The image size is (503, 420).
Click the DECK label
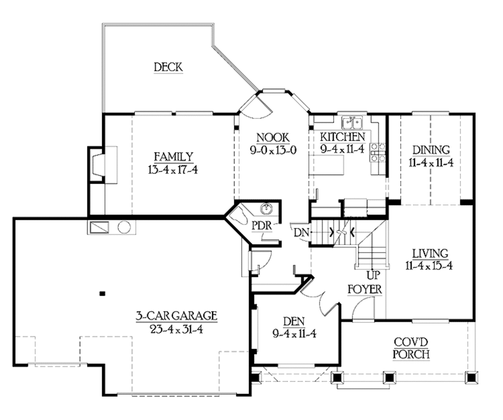click(x=168, y=67)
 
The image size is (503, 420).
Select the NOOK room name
click(x=273, y=138)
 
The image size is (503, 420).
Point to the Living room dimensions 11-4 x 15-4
click(x=430, y=266)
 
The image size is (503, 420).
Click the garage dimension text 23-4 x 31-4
click(x=176, y=328)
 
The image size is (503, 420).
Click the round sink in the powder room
click(x=267, y=209)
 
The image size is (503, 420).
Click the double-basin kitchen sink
click(x=352, y=121)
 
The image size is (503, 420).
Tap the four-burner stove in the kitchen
click(x=378, y=152)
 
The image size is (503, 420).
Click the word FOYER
click(x=364, y=289)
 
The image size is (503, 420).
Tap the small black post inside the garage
click(x=102, y=294)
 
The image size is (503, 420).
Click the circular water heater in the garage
click(x=124, y=228)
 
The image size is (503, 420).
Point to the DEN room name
click(x=294, y=322)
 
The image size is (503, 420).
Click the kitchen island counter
click(x=326, y=166)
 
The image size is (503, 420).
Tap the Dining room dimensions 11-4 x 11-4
click(x=430, y=162)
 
